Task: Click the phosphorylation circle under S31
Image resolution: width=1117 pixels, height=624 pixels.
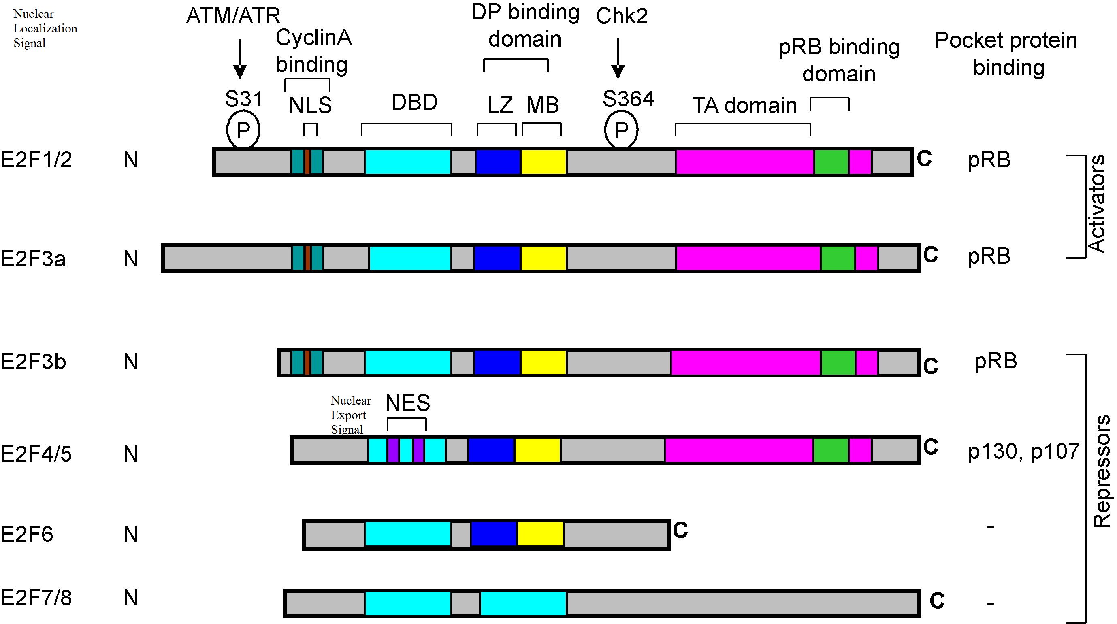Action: [x=243, y=130]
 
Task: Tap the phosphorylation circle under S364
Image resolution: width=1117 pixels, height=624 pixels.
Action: [x=621, y=130]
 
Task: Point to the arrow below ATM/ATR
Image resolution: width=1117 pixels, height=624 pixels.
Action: [x=240, y=59]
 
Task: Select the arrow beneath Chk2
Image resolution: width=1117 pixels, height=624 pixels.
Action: [x=618, y=59]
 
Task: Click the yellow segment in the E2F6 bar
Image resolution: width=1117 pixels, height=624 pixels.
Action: [x=540, y=534]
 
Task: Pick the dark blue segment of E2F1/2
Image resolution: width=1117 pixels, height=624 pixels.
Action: [x=498, y=162]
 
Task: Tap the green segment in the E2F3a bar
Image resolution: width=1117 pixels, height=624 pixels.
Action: [x=838, y=258]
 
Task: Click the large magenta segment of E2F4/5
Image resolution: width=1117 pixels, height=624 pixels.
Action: [x=739, y=450]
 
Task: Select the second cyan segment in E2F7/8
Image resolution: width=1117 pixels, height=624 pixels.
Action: [x=523, y=603]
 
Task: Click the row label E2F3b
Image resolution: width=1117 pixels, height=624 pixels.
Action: [x=33, y=362]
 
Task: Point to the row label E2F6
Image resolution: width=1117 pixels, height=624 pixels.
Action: [x=27, y=534]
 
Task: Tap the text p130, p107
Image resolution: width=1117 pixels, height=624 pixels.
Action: [x=1023, y=451]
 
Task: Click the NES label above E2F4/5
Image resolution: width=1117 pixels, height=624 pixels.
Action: [x=407, y=403]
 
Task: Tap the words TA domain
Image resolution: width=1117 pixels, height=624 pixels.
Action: [x=744, y=105]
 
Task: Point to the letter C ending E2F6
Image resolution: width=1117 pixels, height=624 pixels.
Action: [x=680, y=530]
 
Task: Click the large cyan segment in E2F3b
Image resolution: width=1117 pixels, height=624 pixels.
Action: [x=407, y=362]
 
